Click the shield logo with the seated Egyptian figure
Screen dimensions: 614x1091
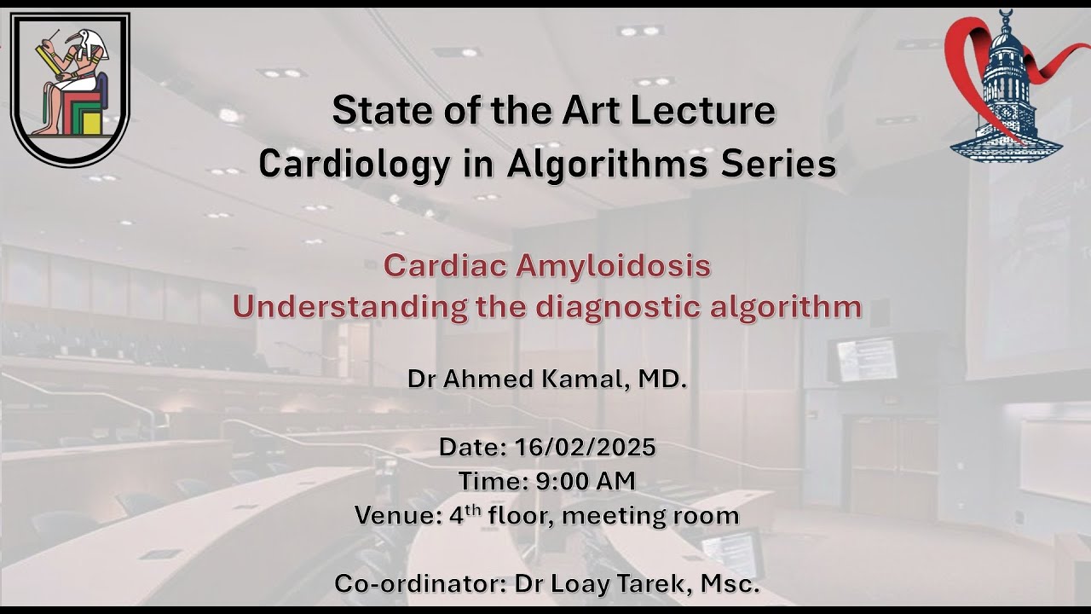(70, 89)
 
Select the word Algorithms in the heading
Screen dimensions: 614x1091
(603, 164)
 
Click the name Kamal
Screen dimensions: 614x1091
(586, 379)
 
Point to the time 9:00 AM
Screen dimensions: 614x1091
(586, 481)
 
